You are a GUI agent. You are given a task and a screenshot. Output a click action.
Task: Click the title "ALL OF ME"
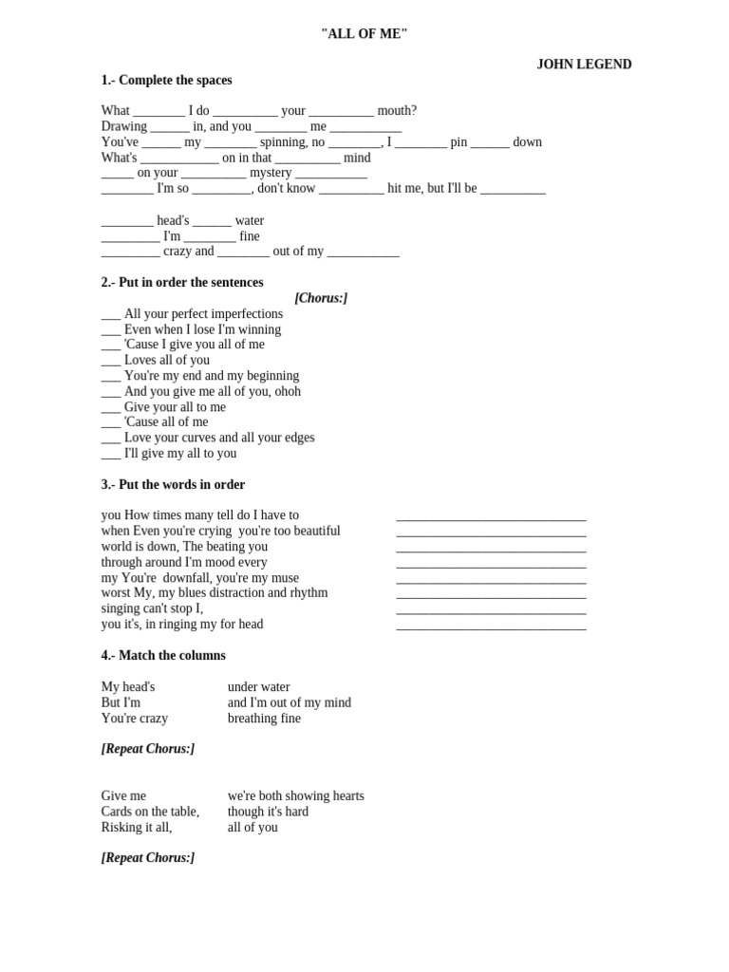[x=364, y=34]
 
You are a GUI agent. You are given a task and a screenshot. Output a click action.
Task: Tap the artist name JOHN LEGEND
[x=584, y=65]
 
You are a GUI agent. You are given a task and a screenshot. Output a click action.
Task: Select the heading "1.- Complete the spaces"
[x=166, y=81]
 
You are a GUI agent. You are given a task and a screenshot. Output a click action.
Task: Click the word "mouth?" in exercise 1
[x=398, y=111]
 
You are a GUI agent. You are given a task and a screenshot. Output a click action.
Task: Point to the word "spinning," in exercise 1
[x=284, y=142]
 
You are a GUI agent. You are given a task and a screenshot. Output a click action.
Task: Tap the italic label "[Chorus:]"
[x=321, y=298]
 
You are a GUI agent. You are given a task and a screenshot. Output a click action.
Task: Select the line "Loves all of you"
[x=166, y=361]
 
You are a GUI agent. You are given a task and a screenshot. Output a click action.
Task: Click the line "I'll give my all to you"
[x=179, y=454]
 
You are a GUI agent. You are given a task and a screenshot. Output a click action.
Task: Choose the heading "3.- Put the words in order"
[x=173, y=485]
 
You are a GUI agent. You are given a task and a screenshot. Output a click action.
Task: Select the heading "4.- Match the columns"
[x=163, y=656]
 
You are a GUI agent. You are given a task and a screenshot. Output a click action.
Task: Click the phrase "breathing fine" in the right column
[x=264, y=719]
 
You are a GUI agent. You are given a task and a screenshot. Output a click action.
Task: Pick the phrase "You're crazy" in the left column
[x=135, y=719]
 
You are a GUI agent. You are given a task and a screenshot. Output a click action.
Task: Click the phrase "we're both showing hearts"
[x=295, y=796]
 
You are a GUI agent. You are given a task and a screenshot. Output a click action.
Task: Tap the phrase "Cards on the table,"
[x=150, y=812]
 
